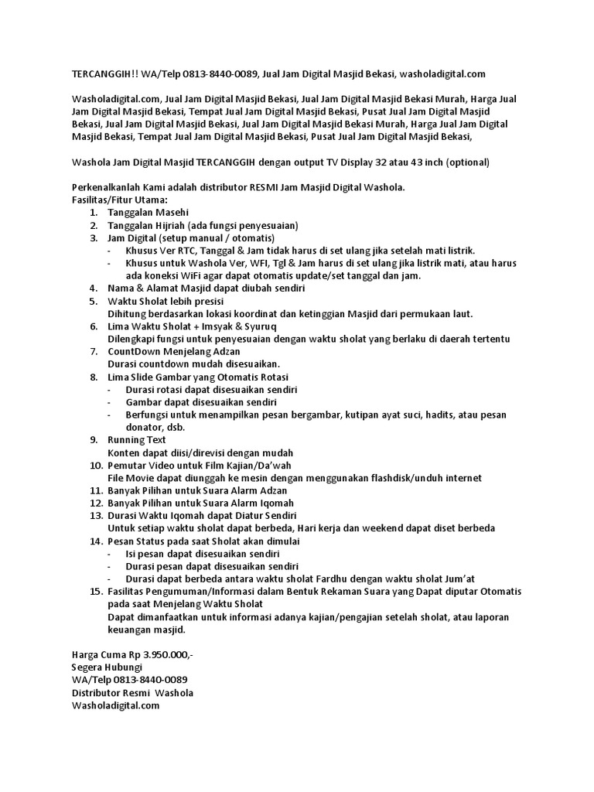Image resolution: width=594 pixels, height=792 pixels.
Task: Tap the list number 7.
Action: pyautogui.click(x=94, y=351)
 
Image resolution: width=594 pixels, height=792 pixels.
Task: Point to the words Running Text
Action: pyautogui.click(x=137, y=439)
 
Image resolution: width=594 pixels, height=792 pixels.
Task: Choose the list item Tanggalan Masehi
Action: pyautogui.click(x=148, y=212)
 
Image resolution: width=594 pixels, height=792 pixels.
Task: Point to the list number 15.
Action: pyautogui.click(x=95, y=592)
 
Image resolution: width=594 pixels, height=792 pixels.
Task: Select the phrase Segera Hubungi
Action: pyautogui.click(x=107, y=667)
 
